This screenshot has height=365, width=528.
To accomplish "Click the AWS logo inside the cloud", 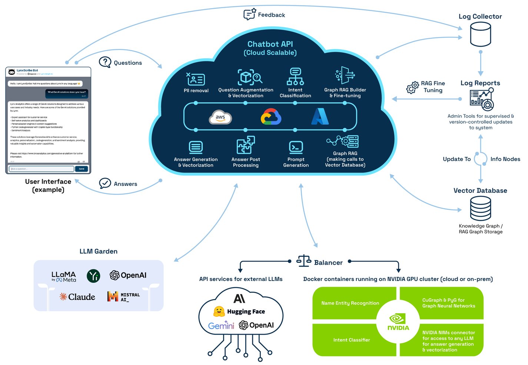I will pyautogui.click(x=220, y=117).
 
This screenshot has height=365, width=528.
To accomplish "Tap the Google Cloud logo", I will pyautogui.click(x=271, y=117).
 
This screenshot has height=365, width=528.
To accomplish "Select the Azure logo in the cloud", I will pyautogui.click(x=320, y=116).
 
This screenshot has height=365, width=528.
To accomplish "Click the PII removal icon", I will pyautogui.click(x=196, y=79).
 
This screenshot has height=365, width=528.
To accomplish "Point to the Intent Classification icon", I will pyautogui.click(x=295, y=77).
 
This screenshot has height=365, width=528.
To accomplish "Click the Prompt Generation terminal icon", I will pyautogui.click(x=296, y=147).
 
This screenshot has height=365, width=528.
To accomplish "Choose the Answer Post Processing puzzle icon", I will pyautogui.click(x=246, y=145).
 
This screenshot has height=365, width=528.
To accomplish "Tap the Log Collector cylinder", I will pyautogui.click(x=480, y=34).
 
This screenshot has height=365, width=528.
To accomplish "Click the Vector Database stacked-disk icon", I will pyautogui.click(x=480, y=208).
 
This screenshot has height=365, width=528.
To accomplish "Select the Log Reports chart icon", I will pyautogui.click(x=482, y=99).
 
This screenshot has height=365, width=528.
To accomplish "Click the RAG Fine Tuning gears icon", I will pyautogui.click(x=412, y=87).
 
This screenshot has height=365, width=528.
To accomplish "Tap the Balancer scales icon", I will pyautogui.click(x=304, y=261).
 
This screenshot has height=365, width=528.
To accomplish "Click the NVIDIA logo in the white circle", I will pyautogui.click(x=398, y=322).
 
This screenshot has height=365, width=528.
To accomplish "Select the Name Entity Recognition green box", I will pyautogui.click(x=350, y=303).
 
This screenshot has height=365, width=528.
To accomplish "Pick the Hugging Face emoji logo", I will pyautogui.click(x=219, y=312).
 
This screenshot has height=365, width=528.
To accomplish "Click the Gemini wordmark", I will pyautogui.click(x=221, y=326).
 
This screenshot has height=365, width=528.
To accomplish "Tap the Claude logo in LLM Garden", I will pyautogui.click(x=77, y=297).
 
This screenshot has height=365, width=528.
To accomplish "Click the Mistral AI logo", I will pyautogui.click(x=123, y=297).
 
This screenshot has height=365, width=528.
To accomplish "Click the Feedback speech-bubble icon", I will pyautogui.click(x=249, y=14).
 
